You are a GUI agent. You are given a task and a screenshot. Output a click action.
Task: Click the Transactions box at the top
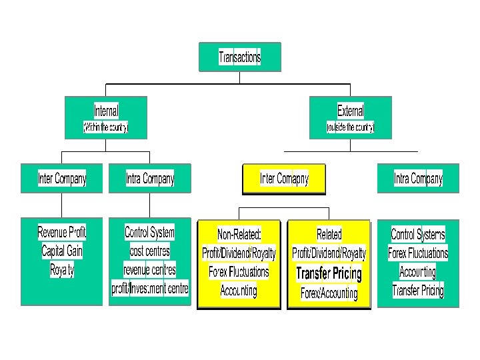[240, 57]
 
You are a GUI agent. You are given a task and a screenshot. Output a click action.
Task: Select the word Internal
[107, 111]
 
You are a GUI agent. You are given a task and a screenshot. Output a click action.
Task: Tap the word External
[351, 111]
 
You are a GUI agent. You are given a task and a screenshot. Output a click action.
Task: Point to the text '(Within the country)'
[105, 127]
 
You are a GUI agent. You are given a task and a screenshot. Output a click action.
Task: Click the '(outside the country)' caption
[351, 127]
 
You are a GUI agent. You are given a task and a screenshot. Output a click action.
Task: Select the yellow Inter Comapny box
[284, 179]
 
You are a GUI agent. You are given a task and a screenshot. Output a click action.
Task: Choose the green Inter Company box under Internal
[62, 179]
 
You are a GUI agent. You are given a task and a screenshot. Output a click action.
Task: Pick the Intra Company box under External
[418, 179]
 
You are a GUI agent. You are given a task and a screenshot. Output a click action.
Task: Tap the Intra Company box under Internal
[150, 179]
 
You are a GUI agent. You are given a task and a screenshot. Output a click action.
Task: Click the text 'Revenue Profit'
[62, 233]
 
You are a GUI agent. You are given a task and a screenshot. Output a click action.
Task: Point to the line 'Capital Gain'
[62, 251]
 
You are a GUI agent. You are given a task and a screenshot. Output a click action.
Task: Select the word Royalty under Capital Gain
[62, 270]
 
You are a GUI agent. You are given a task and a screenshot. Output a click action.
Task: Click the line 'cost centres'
[150, 251]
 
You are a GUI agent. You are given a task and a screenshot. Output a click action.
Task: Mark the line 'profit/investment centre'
[150, 289]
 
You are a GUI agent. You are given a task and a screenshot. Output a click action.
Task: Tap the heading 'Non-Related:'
[239, 235]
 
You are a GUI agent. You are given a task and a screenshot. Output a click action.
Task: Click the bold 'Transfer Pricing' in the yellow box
[329, 273]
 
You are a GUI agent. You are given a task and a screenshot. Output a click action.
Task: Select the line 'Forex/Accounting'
[329, 293]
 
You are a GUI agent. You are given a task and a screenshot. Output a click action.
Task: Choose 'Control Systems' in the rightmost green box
[418, 235]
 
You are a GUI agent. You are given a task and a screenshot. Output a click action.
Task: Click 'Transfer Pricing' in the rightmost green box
[418, 290]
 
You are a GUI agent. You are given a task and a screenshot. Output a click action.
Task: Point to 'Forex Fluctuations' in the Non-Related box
[239, 272]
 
